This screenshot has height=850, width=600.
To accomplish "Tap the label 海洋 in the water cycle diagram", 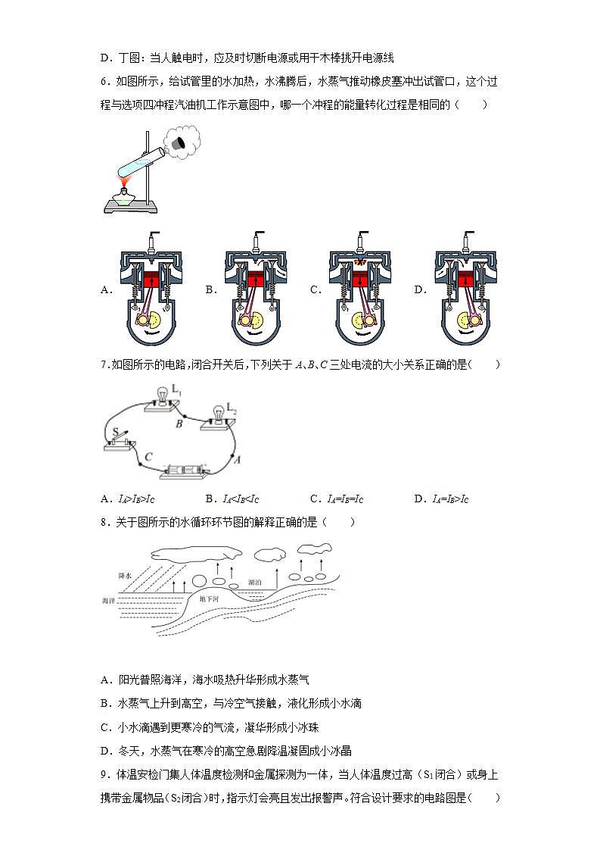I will [x=109, y=600].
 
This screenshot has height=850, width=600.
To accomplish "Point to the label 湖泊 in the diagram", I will [x=256, y=583].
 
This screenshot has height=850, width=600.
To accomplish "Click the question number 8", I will [x=104, y=522].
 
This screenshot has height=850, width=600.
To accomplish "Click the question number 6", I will [x=104, y=81].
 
